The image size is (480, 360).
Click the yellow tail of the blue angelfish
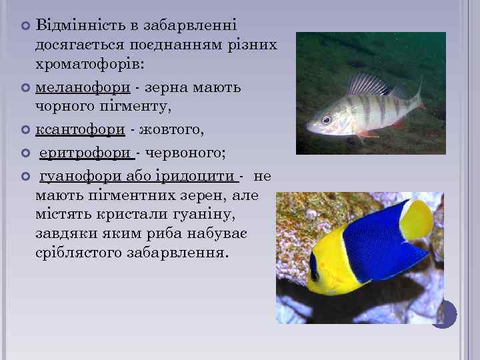(x=417, y=219)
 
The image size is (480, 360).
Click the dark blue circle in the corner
(x=444, y=313)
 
